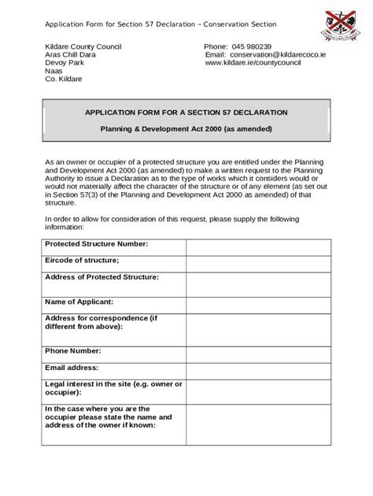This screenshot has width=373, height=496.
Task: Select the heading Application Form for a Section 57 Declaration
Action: pos(186,113)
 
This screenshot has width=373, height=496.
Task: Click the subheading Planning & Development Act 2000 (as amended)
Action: pos(186,128)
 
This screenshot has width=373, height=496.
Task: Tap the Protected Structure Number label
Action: pos(97,244)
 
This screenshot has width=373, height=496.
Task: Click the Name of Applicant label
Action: pos(79,302)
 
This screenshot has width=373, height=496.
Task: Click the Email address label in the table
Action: pos(72,368)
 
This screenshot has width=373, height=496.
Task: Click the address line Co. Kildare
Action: pos(64,79)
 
